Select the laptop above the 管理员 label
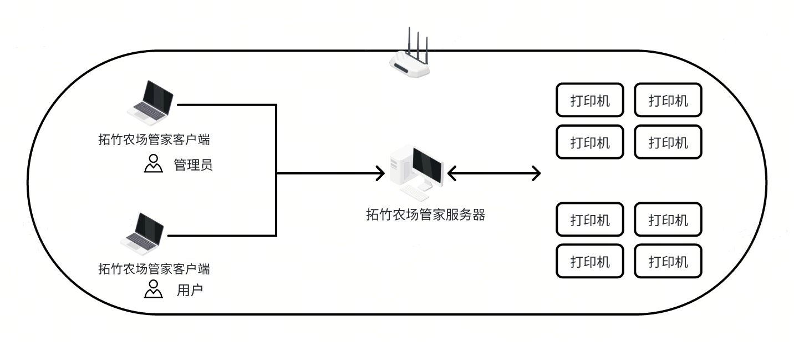point(150,100)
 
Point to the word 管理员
point(193,165)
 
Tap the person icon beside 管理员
point(153,164)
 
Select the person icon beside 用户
point(153,289)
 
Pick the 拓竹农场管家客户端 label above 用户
point(154,269)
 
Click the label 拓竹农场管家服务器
point(425,215)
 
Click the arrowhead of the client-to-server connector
point(380,174)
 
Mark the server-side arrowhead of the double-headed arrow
point(451,174)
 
